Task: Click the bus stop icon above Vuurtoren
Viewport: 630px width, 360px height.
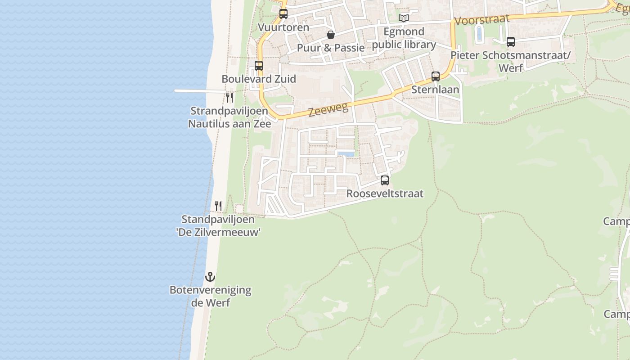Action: click(283, 14)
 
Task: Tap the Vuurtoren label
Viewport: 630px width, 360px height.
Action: click(283, 27)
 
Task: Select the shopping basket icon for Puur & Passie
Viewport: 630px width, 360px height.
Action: click(331, 35)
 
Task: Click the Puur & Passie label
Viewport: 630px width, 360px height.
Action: click(331, 48)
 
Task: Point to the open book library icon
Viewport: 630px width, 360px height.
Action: click(404, 18)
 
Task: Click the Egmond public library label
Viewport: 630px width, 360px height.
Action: click(404, 38)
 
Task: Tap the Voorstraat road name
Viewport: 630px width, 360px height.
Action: click(482, 20)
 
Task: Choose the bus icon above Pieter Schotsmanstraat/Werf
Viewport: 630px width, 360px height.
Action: click(511, 42)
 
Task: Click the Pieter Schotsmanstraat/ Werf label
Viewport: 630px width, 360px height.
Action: click(511, 62)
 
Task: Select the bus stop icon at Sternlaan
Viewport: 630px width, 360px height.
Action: click(436, 76)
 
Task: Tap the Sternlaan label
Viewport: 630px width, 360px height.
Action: click(435, 90)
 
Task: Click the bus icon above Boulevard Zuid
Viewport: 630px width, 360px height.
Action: click(259, 66)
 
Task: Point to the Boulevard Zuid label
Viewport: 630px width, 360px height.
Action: click(259, 79)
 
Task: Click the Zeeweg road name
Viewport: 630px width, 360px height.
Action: click(328, 109)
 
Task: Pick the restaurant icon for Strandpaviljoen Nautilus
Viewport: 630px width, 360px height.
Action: click(229, 97)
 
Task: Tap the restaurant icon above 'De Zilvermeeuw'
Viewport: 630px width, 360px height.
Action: click(218, 206)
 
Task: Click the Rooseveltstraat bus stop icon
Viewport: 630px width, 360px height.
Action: click(385, 180)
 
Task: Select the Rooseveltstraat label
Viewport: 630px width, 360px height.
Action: click(385, 193)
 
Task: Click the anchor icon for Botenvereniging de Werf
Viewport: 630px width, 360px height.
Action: click(210, 277)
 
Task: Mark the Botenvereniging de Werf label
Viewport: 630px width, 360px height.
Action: click(210, 296)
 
